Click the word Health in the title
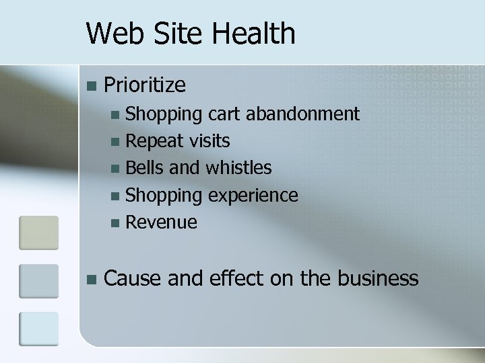(259, 33)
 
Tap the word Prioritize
(145, 85)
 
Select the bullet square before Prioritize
(92, 85)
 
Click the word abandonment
(302, 114)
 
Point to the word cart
(225, 114)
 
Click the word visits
(209, 141)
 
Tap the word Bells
(145, 167)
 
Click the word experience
(253, 195)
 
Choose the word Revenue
(161, 221)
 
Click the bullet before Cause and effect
(92, 278)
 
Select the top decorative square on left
(38, 232)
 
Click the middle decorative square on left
(38, 280)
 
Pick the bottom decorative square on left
(38, 329)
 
